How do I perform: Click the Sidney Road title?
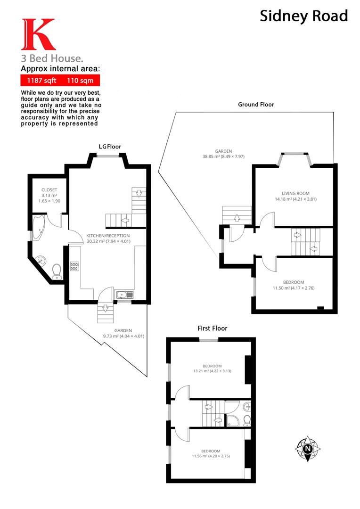pyautogui.click(x=304, y=16)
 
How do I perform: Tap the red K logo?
pyautogui.click(x=39, y=34)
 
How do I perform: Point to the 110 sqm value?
pyautogui.click(x=80, y=81)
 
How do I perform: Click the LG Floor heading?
pyautogui.click(x=109, y=147)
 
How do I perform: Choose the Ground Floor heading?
pyautogui.click(x=255, y=104)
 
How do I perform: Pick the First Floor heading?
pyautogui.click(x=212, y=328)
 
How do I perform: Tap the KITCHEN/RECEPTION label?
pyautogui.click(x=108, y=236)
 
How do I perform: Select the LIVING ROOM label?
pyautogui.click(x=295, y=193)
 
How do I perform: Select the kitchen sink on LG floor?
pyautogui.click(x=125, y=295)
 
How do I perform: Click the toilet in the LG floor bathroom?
pyautogui.click(x=57, y=271)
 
